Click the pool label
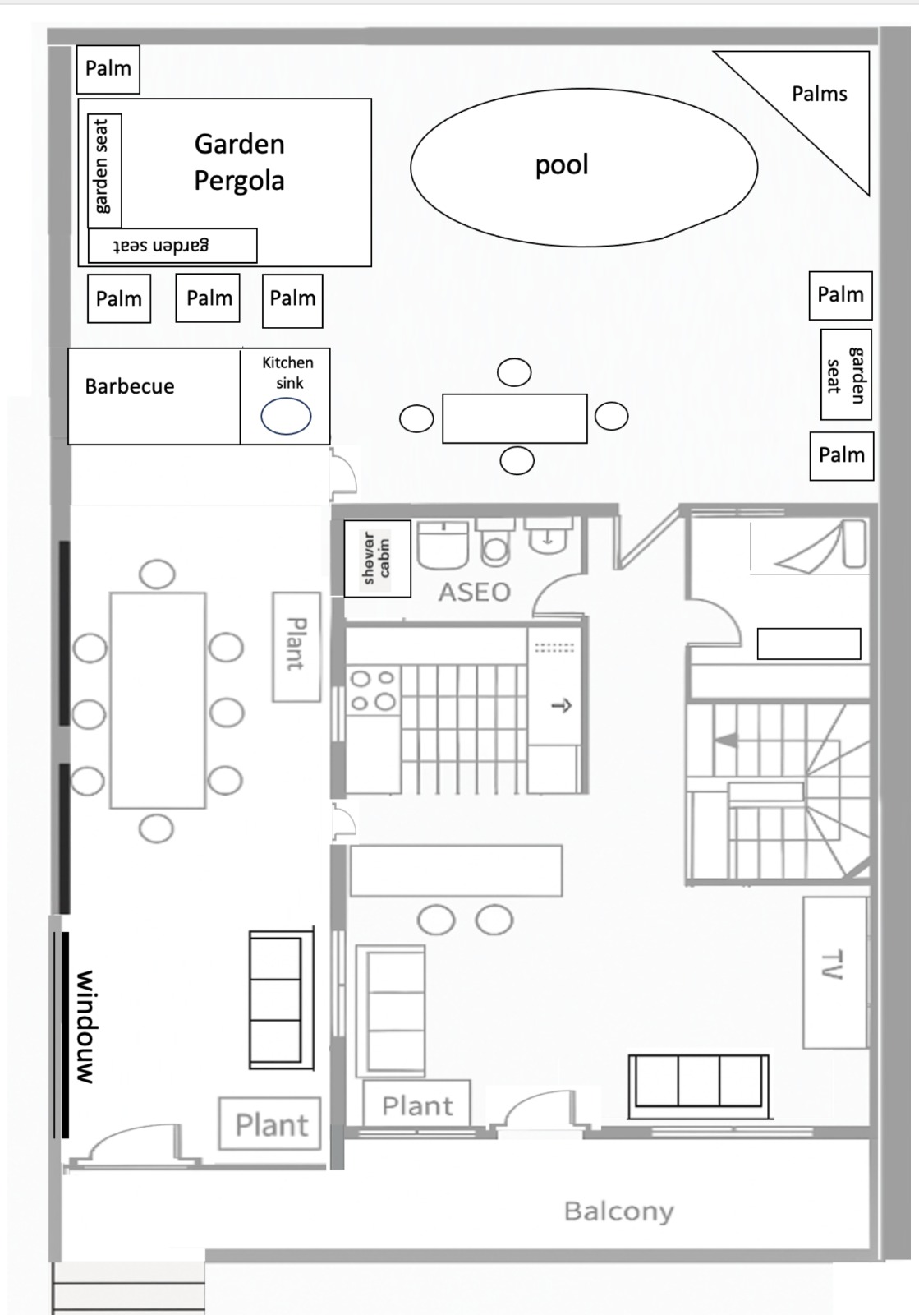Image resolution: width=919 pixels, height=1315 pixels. [562, 165]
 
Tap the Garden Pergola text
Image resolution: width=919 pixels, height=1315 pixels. [239, 162]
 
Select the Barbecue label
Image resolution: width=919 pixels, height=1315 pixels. [130, 386]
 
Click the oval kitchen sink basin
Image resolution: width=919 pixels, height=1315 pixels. [286, 416]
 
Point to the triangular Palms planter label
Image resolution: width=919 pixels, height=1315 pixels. [820, 94]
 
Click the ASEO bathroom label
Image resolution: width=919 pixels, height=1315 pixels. [475, 593]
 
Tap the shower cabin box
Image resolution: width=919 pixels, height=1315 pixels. [377, 558]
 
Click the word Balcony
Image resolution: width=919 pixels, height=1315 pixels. [618, 1211]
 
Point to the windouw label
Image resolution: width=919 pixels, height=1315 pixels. [85, 1027]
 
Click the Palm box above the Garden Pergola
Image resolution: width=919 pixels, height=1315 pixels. [108, 69]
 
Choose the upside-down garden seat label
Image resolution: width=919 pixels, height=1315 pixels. [161, 245]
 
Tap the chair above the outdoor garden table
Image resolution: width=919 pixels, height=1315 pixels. [514, 372]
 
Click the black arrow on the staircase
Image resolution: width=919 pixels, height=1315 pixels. [726, 741]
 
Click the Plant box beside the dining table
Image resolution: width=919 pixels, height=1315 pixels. [296, 647]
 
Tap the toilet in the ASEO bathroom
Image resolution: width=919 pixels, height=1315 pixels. [496, 543]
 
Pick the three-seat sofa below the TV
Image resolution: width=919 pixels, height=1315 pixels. [698, 1087]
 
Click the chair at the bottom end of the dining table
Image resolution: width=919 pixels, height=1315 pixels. [156, 829]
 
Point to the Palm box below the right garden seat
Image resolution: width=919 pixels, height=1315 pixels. [842, 456]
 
